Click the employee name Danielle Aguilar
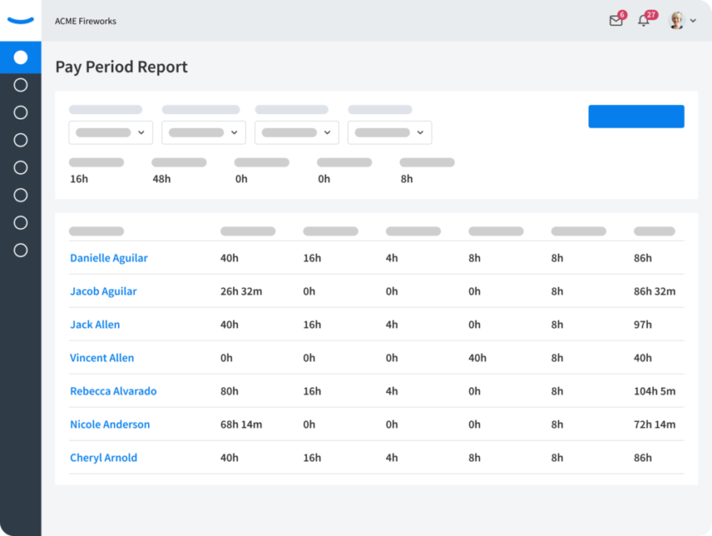click(109, 258)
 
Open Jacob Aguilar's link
click(103, 291)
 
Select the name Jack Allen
click(95, 324)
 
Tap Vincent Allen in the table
click(102, 357)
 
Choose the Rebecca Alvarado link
click(113, 390)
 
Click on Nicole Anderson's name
click(110, 424)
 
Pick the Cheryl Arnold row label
click(104, 458)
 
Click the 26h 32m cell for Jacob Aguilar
click(241, 291)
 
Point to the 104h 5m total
click(655, 391)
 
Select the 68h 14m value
click(241, 424)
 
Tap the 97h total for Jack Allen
click(642, 324)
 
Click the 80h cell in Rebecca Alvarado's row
click(229, 391)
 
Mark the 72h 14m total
click(655, 424)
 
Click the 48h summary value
click(162, 179)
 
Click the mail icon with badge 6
click(617, 19)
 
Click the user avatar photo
click(676, 20)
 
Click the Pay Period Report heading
click(121, 67)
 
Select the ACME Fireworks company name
click(86, 21)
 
